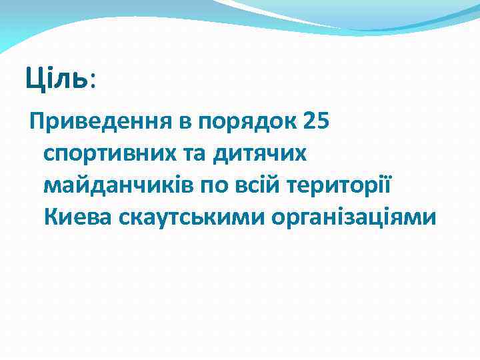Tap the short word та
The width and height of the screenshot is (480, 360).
point(198,154)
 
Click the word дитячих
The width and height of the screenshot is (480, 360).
point(261,154)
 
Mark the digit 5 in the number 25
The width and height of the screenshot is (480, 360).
point(325,122)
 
